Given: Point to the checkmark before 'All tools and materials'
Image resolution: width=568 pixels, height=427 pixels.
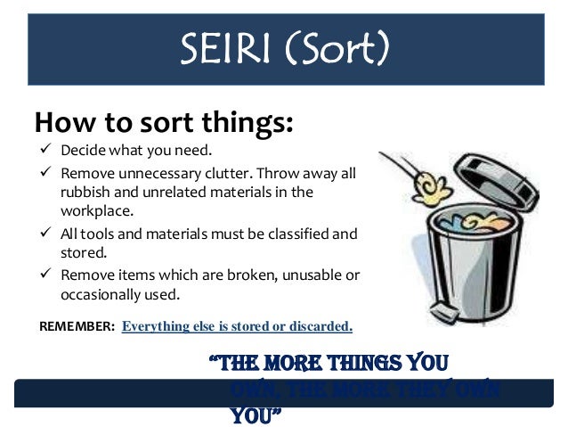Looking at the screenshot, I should click(44, 234).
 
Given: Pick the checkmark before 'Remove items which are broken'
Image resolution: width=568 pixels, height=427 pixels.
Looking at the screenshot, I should click(44, 275).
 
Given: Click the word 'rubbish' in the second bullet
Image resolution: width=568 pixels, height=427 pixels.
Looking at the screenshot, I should click(86, 192).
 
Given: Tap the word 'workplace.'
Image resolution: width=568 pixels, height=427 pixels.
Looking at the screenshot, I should click(96, 211).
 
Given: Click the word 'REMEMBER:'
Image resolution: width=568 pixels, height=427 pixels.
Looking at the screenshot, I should click(77, 326).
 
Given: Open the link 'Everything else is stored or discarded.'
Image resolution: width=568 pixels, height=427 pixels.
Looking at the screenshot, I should click(237, 326).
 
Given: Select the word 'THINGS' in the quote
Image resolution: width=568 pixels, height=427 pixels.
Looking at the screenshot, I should click(361, 365).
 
